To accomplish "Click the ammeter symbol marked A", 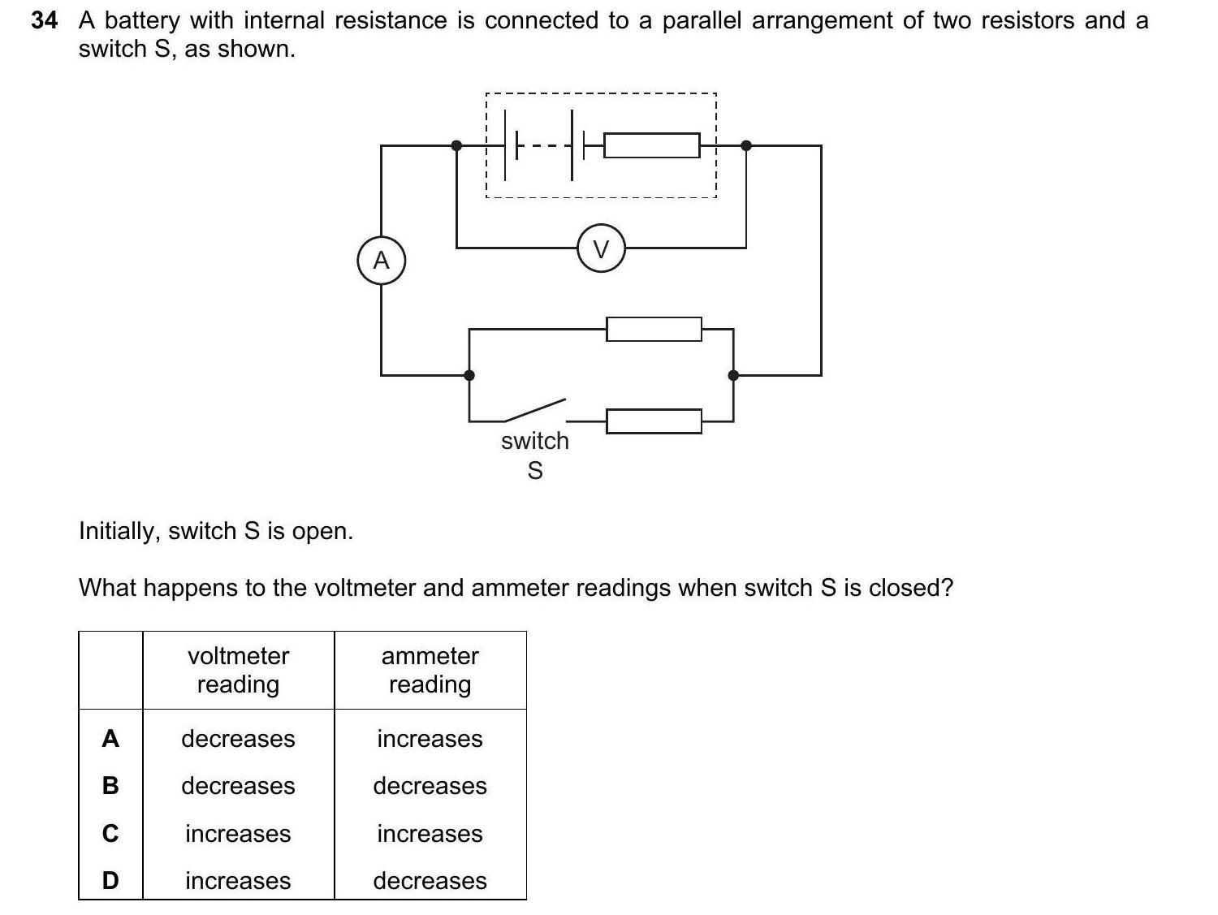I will [x=381, y=261].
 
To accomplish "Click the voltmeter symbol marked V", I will [x=601, y=248].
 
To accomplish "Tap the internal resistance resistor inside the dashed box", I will [x=652, y=146].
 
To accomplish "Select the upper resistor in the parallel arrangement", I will [x=654, y=329].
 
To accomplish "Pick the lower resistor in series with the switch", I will [x=654, y=421].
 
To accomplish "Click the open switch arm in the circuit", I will [x=534, y=410].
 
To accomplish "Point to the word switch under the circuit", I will [x=534, y=441].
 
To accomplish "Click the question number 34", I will [x=45, y=21].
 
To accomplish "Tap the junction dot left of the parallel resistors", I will [x=469, y=375].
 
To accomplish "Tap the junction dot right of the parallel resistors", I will [x=733, y=375].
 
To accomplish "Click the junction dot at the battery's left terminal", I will [x=456, y=146].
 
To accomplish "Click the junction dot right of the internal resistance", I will [x=746, y=146].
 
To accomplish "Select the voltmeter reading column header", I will [x=238, y=670].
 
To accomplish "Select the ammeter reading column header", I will [x=430, y=670].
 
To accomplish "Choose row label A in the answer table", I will [x=110, y=739].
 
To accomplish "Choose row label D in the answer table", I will [x=110, y=881].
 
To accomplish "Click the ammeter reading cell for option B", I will [x=430, y=786].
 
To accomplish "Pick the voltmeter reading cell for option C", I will [x=238, y=834].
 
